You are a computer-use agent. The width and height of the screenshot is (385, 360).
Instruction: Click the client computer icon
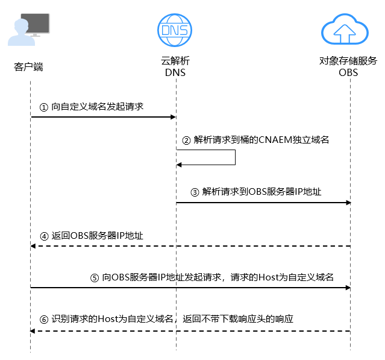29,30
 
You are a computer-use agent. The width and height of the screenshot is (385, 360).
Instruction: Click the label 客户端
29,66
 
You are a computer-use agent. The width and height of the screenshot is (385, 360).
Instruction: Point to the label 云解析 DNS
175,67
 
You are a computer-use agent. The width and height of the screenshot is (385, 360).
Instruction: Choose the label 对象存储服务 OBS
349,67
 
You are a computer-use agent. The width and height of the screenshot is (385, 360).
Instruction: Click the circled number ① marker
43,106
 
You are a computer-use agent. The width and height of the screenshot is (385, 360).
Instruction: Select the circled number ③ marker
195,192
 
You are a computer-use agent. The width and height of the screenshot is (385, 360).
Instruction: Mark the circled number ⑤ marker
94,278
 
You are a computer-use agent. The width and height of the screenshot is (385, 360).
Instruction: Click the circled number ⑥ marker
43,318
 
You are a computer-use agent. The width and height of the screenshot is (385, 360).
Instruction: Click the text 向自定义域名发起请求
97,106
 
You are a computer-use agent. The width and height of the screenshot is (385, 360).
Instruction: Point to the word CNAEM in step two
274,140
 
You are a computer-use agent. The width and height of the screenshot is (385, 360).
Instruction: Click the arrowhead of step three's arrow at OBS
348,203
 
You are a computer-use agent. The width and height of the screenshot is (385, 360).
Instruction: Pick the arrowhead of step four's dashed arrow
33,246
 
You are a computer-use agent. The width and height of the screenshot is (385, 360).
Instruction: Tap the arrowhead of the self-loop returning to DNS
179,165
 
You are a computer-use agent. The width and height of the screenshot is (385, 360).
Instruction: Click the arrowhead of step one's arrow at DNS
172,117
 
